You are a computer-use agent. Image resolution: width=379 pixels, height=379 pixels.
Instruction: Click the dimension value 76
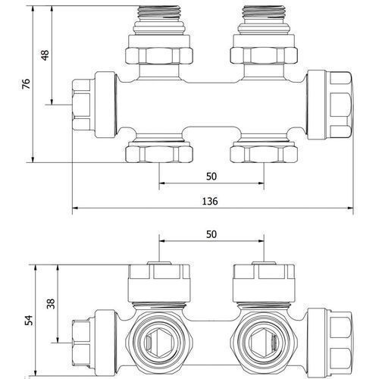click(26, 84)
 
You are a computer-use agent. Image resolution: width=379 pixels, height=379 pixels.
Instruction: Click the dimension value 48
click(45, 55)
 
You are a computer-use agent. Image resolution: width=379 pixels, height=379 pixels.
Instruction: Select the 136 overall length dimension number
click(210, 201)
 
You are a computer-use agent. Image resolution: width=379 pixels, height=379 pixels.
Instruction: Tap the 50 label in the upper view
click(211, 177)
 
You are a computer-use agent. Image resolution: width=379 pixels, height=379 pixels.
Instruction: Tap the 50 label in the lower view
click(211, 234)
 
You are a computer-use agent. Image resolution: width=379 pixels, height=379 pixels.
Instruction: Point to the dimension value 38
click(51, 304)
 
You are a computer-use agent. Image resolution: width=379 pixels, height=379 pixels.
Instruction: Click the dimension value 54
click(29, 321)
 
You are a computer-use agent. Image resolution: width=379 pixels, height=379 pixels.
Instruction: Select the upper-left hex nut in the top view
click(159, 55)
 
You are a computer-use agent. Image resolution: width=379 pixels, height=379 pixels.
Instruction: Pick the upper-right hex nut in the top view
click(264, 55)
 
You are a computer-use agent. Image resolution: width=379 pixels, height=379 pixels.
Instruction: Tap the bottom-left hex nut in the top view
click(159, 154)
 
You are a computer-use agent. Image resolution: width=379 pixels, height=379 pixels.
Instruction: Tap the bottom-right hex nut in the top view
click(264, 154)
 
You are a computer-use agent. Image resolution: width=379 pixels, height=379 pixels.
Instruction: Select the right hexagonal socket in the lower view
click(262, 343)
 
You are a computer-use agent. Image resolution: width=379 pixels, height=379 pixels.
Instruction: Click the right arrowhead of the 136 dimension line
click(350, 208)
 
